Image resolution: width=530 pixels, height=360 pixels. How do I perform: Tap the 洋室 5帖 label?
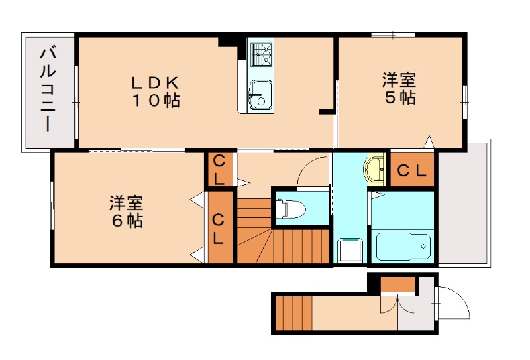coord(399,89)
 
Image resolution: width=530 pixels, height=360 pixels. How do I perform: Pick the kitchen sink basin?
coord(260,93)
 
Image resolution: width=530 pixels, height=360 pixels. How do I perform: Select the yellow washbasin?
coord(376,168)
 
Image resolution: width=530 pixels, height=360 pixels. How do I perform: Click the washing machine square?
coord(348,251)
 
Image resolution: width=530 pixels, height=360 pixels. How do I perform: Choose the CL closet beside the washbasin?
coord(411,171)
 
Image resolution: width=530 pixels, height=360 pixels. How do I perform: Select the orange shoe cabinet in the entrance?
coord(398,284)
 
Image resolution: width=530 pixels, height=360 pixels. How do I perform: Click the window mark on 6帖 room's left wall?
coord(53,206)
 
